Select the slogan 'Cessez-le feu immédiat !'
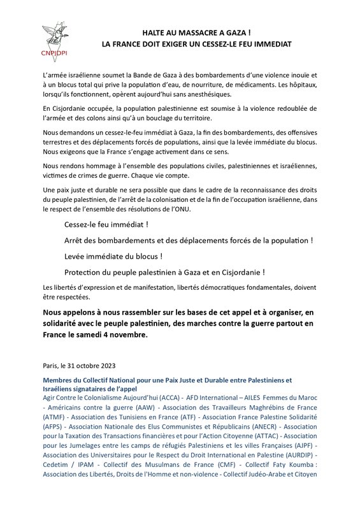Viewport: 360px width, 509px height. click(x=102, y=226)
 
